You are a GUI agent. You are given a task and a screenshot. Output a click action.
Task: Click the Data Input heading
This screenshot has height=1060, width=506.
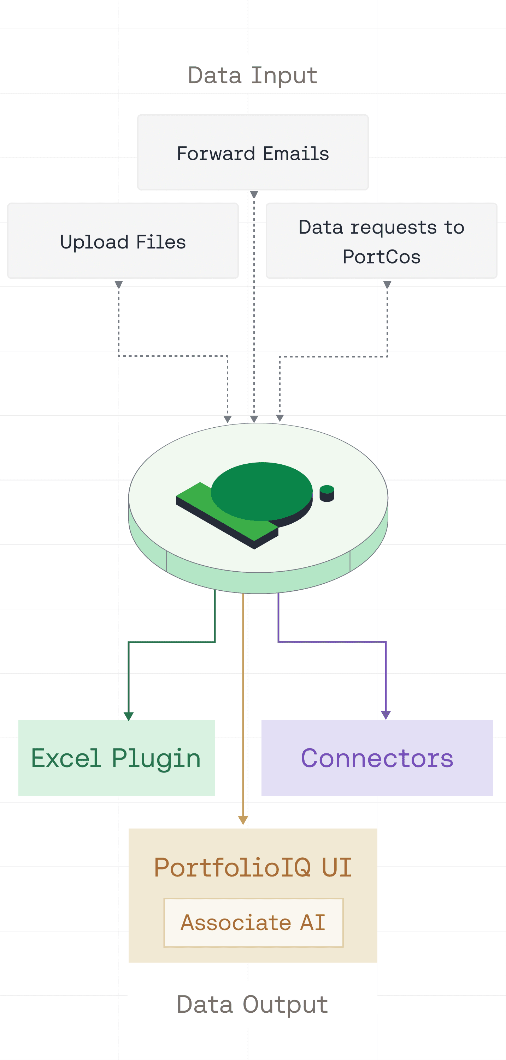pos(252,75)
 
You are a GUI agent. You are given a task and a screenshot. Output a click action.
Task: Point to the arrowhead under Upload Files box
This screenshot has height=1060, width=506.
pos(119,284)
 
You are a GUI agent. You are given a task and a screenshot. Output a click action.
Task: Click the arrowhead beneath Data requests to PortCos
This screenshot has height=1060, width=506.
pos(387,284)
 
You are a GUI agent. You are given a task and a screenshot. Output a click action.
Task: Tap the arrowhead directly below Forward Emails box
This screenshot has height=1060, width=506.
pos(254,194)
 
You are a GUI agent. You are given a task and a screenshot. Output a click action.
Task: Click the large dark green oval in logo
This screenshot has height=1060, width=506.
pos(261,490)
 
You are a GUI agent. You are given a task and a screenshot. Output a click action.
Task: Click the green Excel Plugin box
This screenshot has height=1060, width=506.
pos(116,758)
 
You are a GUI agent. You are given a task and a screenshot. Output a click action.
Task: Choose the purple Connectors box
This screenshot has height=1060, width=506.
pos(377,758)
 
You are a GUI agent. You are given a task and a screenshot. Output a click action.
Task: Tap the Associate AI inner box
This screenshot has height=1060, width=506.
pos(253,922)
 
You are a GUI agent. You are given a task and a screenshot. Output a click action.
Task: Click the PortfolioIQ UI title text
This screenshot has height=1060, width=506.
pos(253,867)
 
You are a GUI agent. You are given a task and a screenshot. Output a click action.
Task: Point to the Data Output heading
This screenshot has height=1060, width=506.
pos(252,1004)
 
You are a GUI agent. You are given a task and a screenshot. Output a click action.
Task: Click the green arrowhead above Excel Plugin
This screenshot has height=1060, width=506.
pos(129,716)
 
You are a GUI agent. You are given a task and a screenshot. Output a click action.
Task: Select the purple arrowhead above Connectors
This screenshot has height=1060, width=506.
pos(386,715)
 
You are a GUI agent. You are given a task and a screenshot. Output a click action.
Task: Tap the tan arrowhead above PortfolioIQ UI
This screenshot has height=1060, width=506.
pos(243,820)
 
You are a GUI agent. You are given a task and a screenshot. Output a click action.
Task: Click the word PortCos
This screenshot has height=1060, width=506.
pos(381,257)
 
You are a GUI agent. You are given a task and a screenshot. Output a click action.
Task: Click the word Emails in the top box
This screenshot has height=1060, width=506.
pos(296,153)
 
